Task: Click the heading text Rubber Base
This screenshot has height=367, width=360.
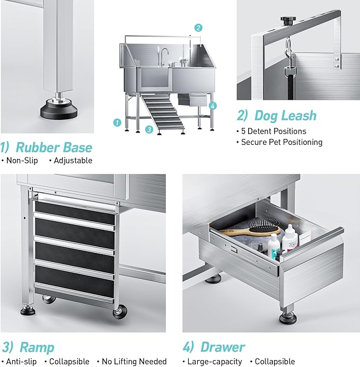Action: (54, 147)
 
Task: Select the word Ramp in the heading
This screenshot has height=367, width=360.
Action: (37, 347)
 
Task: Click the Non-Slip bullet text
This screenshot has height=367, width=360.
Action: (22, 160)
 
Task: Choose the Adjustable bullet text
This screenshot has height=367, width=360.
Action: (73, 160)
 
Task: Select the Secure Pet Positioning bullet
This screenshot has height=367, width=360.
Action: (282, 142)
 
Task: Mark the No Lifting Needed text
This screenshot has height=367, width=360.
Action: (134, 361)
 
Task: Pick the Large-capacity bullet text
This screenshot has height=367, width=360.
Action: (214, 361)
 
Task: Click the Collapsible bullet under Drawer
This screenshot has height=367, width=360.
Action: (275, 361)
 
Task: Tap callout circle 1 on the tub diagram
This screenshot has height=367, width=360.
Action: (117, 123)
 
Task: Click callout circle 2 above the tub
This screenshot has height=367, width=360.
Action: (198, 28)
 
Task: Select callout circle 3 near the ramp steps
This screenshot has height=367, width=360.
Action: (150, 129)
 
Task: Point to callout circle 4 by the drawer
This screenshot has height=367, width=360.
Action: (213, 106)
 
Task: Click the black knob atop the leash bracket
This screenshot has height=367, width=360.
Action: (288, 21)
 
